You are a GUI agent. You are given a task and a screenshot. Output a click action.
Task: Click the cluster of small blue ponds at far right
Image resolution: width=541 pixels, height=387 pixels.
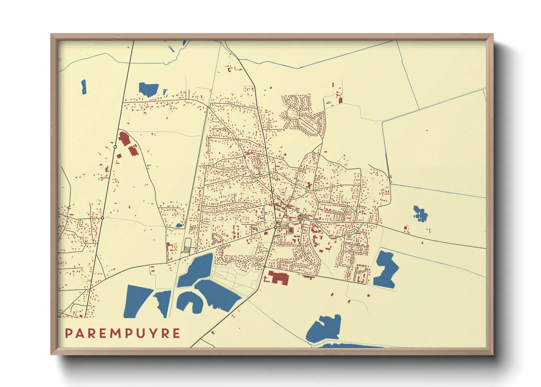pyautogui.click(x=420, y=214)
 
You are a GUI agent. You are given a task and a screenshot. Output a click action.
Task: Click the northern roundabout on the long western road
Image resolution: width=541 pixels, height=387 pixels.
pyautogui.click(x=115, y=147)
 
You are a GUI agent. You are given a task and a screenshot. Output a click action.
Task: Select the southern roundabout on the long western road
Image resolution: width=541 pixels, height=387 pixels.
pyautogui.click(x=102, y=218)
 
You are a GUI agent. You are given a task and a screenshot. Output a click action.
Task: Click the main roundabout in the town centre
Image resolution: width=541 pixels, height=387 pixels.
pyautogui.click(x=276, y=228)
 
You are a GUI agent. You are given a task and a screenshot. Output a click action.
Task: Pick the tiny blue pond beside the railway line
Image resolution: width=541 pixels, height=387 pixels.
pyautogui.click(x=179, y=225)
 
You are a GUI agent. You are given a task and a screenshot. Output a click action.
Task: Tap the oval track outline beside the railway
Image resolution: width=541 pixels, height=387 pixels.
pyautogui.click(x=188, y=245)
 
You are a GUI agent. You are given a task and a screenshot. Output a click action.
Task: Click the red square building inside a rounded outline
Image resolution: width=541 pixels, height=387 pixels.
pyautogui.click(x=291, y=230)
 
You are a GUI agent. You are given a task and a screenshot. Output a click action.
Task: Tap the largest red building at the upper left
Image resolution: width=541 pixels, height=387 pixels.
pyautogui.click(x=124, y=139)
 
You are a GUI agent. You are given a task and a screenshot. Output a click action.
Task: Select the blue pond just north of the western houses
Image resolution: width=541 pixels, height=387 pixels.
pyautogui.click(x=148, y=89)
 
